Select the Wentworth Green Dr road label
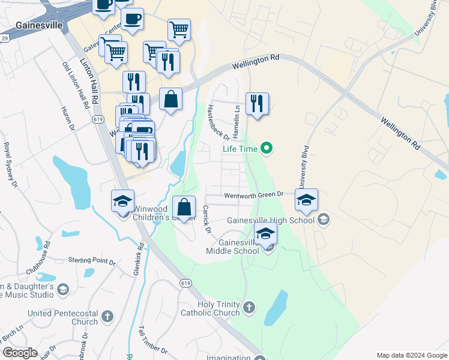pyautogui.click(x=253, y=195)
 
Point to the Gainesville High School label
pyautogui.click(x=271, y=220)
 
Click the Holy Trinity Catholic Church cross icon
pyautogui.click(x=249, y=308)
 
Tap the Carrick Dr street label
pyautogui.click(x=206, y=220)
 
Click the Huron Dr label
pyautogui.click(x=67, y=119)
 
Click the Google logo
pyautogui.click(x=20, y=353)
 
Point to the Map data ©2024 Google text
pyautogui.click(x=411, y=355)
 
